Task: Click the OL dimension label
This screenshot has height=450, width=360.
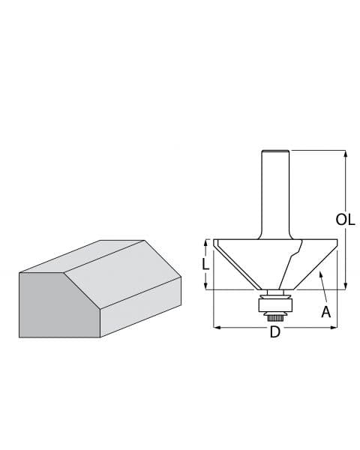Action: pos(345,220)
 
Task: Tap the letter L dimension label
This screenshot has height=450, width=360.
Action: pos(205,264)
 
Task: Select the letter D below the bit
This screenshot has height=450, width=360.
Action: pos(274,332)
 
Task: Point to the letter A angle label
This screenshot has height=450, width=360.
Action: pos(325,312)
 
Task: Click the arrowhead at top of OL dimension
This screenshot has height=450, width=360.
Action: pos(345,154)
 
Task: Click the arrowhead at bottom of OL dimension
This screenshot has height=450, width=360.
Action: pos(345,286)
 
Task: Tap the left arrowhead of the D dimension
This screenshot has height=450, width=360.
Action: pos(217,327)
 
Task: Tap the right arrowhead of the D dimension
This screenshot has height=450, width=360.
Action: pos(334,327)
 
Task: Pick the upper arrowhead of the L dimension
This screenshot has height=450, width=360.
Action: pos(205,243)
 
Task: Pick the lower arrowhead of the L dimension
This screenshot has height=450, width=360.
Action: pos(205,286)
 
